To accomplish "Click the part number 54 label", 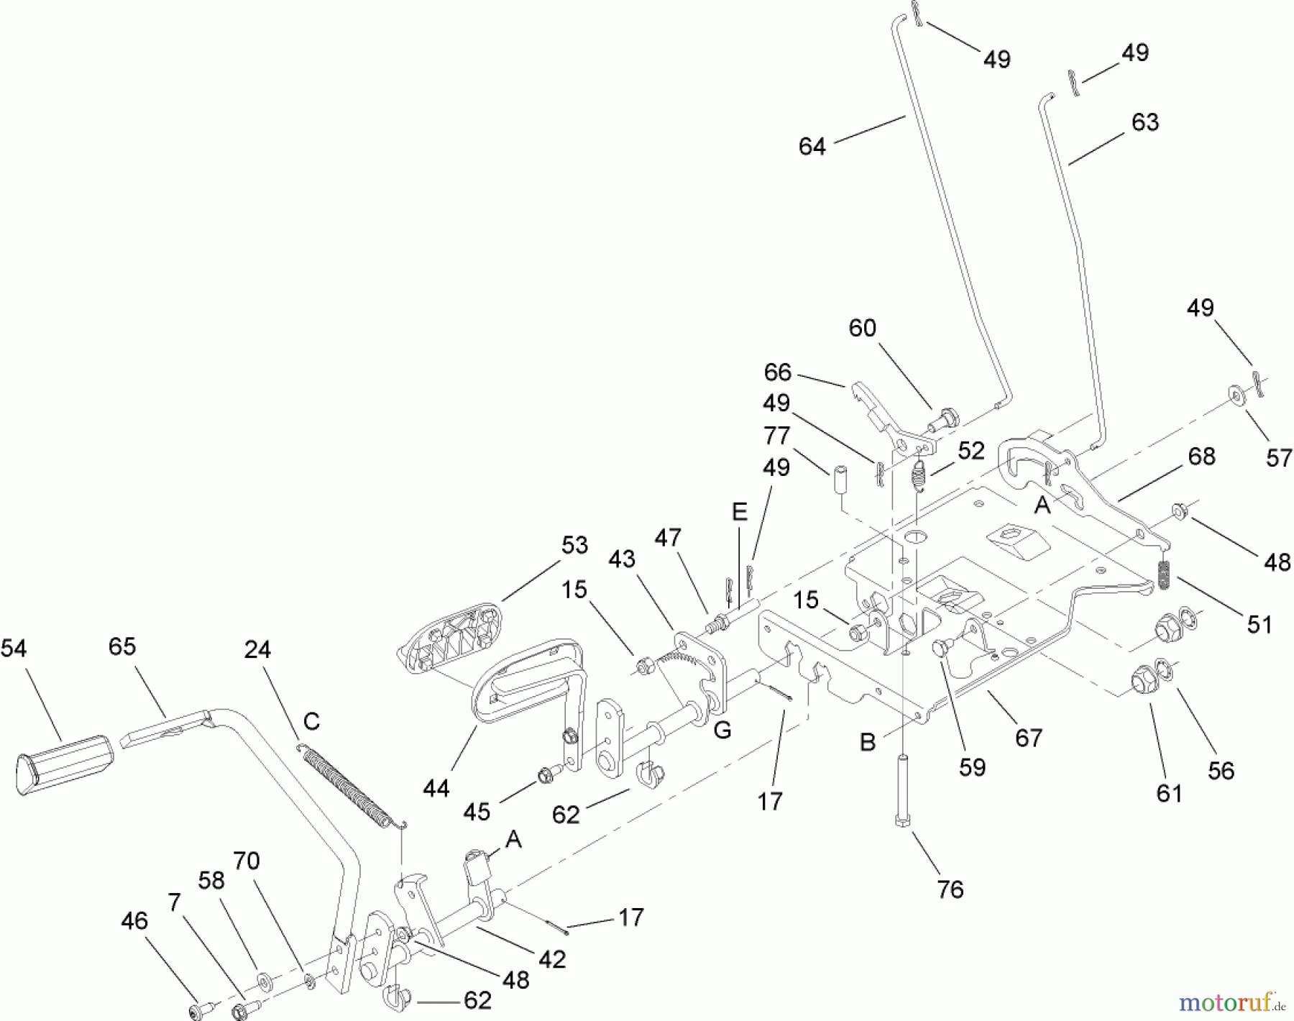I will [x=14, y=649].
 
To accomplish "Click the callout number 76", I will [x=950, y=889].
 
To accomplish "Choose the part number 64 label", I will [x=812, y=147].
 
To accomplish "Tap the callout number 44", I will [x=436, y=789].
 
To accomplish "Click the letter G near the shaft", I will [x=722, y=731].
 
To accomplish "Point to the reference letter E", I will [x=739, y=512].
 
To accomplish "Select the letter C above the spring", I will [x=311, y=721].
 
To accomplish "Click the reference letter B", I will [x=868, y=742].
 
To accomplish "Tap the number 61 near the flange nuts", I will [x=1169, y=793].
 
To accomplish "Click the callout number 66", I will [x=778, y=372].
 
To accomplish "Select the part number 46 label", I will [x=134, y=921].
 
